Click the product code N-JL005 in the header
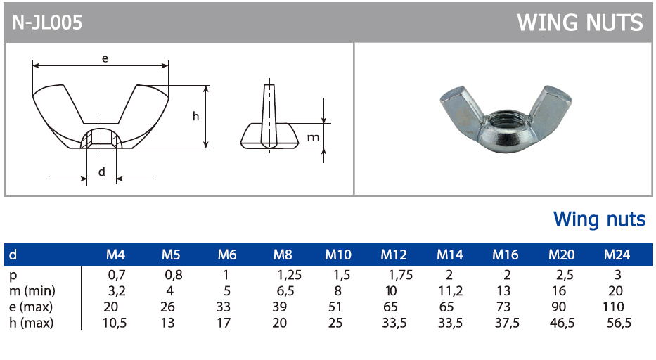point(47,22)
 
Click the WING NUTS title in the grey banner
point(580,22)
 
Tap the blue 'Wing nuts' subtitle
point(600,219)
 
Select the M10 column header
point(338,255)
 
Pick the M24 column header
point(617,255)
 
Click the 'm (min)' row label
point(32,291)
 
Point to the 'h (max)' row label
point(32,323)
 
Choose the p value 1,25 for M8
point(290,275)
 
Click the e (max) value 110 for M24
point(613,307)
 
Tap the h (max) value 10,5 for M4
point(115,323)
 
